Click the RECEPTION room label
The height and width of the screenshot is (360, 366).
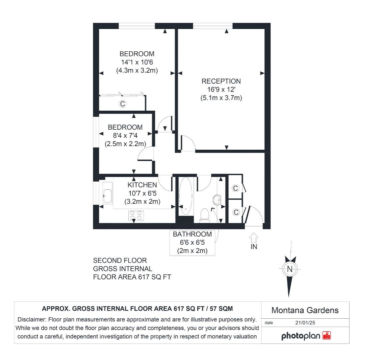(x=221, y=81)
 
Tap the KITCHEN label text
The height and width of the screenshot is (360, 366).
(x=142, y=185)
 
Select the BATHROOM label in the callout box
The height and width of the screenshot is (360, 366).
(x=192, y=234)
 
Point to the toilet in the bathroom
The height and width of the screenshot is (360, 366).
(x=204, y=215)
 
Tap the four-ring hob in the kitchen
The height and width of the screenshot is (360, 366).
(x=135, y=216)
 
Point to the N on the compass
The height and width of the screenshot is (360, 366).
(x=290, y=269)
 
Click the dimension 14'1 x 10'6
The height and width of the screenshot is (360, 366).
(x=137, y=62)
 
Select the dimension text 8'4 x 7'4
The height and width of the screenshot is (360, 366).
(x=125, y=136)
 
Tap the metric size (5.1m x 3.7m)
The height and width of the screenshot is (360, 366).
(x=221, y=98)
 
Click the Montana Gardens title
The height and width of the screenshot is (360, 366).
(x=305, y=310)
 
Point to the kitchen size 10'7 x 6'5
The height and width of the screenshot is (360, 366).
(x=142, y=193)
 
